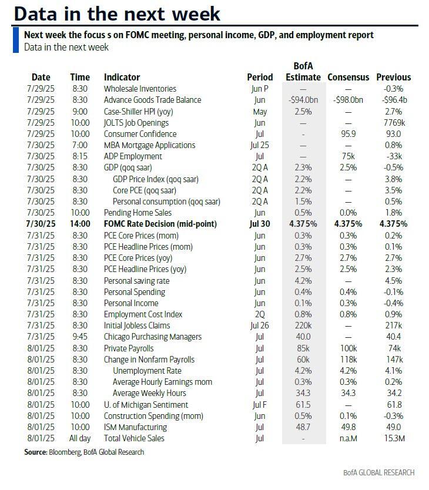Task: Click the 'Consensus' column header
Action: (348, 77)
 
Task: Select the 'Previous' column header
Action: (393, 77)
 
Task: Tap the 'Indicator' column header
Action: (122, 77)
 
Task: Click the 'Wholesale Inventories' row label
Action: (140, 89)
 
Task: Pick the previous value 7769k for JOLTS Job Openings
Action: (393, 123)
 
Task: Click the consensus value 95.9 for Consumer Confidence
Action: (348, 134)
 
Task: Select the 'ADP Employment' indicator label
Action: (133, 157)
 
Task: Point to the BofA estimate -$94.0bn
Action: (303, 100)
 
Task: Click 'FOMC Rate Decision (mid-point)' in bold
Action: (160, 224)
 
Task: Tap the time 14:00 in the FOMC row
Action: (80, 224)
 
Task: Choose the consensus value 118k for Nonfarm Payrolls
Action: (348, 360)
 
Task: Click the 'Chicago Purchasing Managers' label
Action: (152, 337)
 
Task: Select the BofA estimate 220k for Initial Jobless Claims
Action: (303, 325)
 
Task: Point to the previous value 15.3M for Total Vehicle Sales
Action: (393, 438)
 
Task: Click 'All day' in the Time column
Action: (80, 438)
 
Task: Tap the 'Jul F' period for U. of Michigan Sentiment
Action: (260, 405)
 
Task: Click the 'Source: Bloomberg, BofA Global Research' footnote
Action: (84, 452)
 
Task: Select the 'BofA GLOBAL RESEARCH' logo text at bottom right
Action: (379, 472)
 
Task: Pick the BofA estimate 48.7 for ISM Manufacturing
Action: (303, 427)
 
